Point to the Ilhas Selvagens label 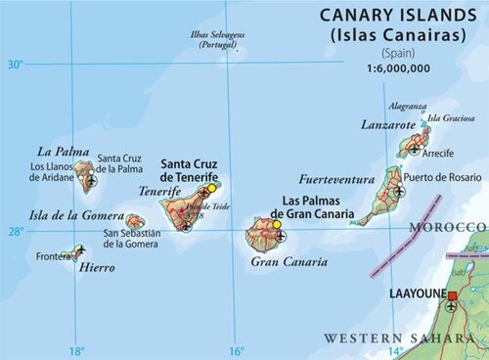click(x=220, y=40)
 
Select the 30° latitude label click(x=15, y=65)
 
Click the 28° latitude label click(x=15, y=231)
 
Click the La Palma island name click(x=58, y=152)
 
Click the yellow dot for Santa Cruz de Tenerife click(x=211, y=186)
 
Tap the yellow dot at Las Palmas click(x=277, y=225)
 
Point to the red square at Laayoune click(x=452, y=294)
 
